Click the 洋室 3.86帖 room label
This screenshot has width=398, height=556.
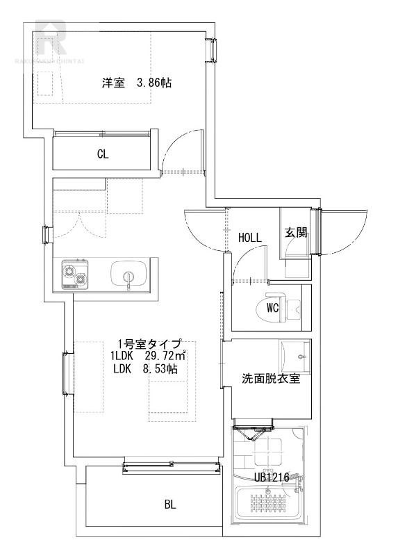(137, 83)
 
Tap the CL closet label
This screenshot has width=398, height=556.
(102, 154)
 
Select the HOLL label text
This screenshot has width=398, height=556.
(249, 237)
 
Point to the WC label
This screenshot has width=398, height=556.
(272, 308)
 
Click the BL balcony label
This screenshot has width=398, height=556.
(170, 505)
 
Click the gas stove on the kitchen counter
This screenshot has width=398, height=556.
(75, 275)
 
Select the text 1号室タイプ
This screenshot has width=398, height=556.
(149, 343)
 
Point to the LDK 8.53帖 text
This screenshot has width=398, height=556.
(144, 369)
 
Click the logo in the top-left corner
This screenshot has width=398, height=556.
(51, 40)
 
